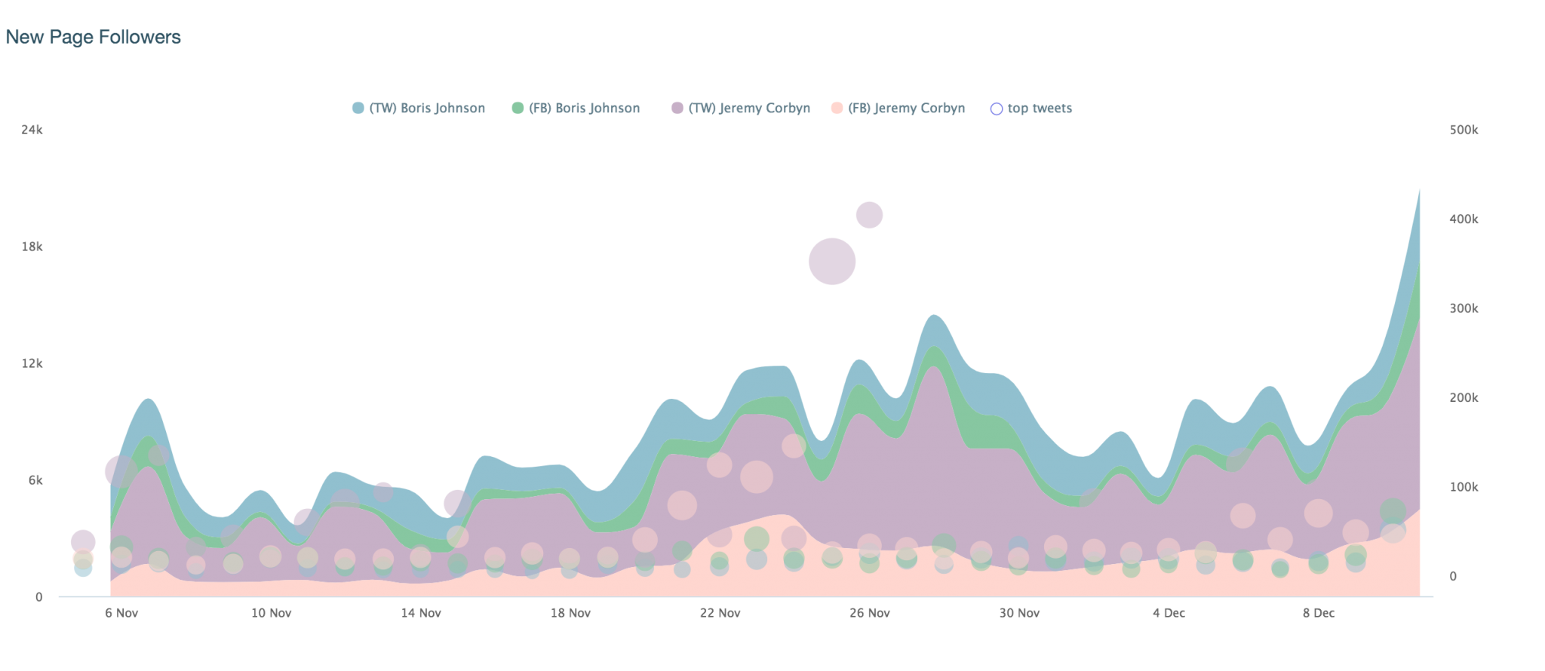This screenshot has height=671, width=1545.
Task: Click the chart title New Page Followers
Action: pos(93,37)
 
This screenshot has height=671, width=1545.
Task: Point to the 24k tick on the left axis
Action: pos(32,130)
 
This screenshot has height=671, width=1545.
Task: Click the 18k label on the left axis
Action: pos(32,247)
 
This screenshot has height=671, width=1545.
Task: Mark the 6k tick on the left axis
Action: pos(35,480)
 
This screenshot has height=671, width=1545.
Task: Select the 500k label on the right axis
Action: pos(1464,130)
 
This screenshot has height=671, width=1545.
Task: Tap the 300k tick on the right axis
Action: pos(1464,309)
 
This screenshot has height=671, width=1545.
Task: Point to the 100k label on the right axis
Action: pos(1464,487)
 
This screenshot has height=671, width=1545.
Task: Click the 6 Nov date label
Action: pos(121,613)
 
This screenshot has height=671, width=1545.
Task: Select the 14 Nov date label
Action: pos(421,613)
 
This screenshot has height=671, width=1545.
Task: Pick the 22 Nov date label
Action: pos(720,613)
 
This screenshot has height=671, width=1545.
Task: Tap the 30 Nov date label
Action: pos(1019,613)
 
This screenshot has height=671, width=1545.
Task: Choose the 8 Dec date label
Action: pos(1319,613)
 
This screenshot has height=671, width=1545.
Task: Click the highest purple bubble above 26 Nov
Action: pos(869,215)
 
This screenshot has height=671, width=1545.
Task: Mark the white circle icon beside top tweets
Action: pos(996,109)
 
